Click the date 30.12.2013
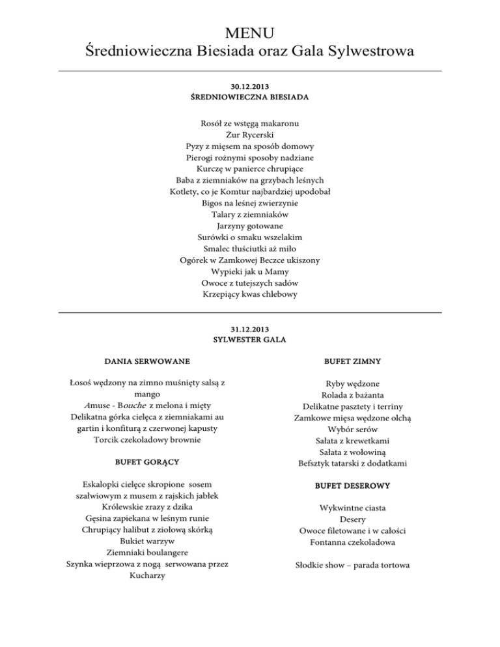tap(250, 86)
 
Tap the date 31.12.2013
tap(250, 329)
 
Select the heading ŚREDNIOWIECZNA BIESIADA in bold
tap(250, 98)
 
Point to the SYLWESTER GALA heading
tap(250, 340)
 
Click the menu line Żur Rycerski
tap(250, 135)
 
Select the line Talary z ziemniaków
tap(250, 214)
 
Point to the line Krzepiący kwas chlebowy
tap(250, 295)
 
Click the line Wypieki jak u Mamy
tap(250, 271)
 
